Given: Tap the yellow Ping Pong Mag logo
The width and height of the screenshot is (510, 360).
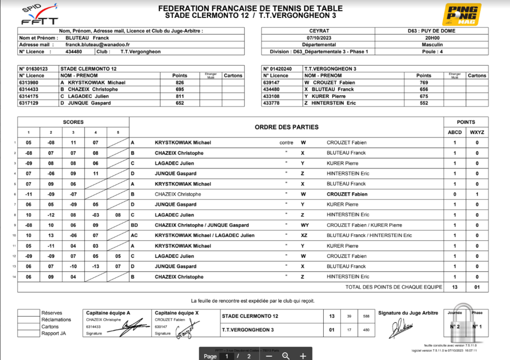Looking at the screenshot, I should click(462, 15).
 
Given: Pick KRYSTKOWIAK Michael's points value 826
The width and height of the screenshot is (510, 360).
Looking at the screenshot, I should click(180, 83).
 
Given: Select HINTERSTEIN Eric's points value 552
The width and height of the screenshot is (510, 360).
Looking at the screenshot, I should click(424, 103).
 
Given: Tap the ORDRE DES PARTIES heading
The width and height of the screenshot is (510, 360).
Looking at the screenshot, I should click(286, 127).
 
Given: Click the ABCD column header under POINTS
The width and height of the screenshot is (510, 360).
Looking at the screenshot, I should click(454, 132).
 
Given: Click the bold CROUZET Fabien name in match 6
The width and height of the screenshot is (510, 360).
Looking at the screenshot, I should click(347, 194).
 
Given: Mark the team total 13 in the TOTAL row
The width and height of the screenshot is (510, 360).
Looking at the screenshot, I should click(454, 287).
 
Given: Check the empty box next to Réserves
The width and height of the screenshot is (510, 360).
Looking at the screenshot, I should click(28, 313).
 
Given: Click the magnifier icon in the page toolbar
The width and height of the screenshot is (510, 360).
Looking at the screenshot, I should click(286, 356).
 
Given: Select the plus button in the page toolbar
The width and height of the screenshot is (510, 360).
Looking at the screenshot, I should click(303, 356).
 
